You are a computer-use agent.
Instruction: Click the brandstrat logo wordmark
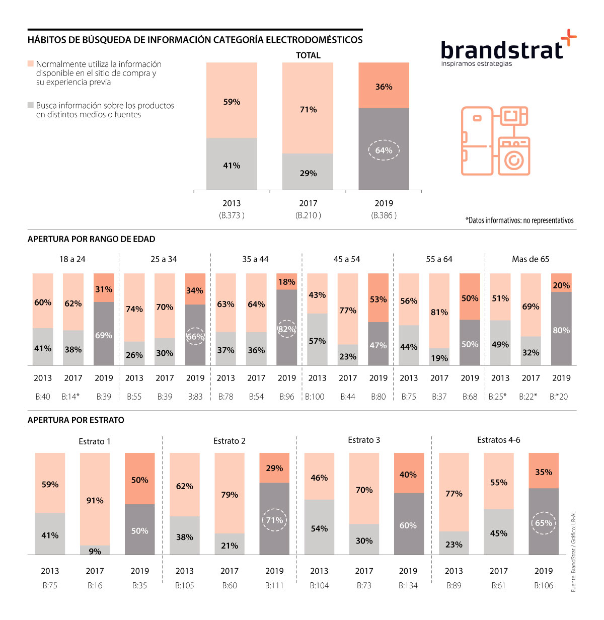coord(501,50)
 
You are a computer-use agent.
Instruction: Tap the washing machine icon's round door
coord(513,161)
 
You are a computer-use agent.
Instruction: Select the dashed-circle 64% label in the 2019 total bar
coord(384,150)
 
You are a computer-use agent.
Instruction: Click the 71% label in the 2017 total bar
coord(308,109)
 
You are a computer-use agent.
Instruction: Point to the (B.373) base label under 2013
coord(232,215)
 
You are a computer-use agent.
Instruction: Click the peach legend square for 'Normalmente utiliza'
coord(31,64)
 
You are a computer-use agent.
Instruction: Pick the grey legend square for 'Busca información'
coord(31,105)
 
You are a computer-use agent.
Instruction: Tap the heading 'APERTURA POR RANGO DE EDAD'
coord(91,239)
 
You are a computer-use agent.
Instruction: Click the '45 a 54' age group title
coord(347,259)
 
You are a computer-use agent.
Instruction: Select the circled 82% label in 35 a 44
coord(287,329)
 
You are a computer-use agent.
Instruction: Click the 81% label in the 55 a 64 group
coord(439,312)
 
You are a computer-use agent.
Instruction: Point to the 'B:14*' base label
coord(70,397)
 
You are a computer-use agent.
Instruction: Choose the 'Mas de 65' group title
coord(531,259)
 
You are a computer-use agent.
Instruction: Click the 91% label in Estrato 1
coord(95,500)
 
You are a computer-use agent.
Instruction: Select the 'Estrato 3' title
coord(364,440)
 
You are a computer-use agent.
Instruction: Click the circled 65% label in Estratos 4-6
coord(544,523)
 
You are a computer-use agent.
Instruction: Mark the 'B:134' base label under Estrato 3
coord(408,585)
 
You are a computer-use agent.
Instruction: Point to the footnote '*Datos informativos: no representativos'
coord(519,220)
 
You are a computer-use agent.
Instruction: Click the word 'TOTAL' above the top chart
coord(308,55)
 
